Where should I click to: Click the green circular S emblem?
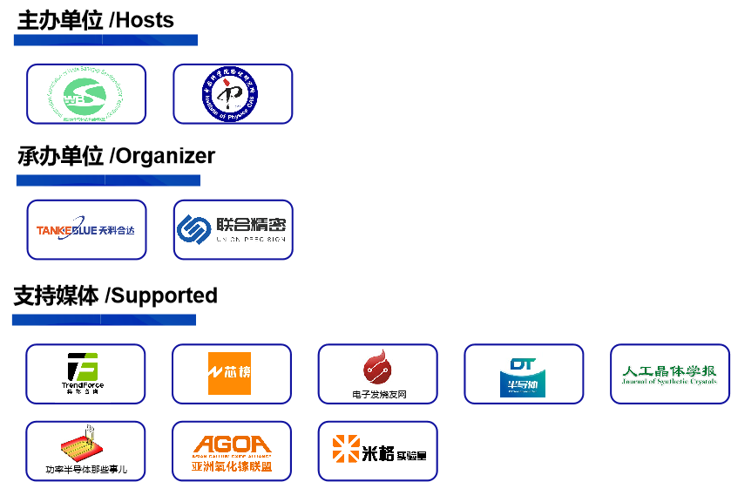coord(85,94)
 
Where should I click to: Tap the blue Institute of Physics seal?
coord(233,94)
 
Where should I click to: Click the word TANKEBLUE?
coord(66,231)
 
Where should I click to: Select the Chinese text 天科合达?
coord(118,231)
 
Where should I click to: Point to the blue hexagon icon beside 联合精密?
coord(193,228)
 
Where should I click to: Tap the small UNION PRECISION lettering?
coord(251,240)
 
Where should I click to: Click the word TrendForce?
coord(84,385)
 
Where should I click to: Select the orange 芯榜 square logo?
coord(229,373)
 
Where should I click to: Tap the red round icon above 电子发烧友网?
coord(378,369)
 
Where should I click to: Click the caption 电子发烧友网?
coord(378,395)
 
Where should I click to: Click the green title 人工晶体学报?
coord(669,370)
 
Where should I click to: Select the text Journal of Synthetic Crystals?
coord(669,382)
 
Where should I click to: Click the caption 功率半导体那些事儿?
coord(85,470)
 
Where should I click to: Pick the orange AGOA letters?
coord(232,444)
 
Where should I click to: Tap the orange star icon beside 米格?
coord(345,449)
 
